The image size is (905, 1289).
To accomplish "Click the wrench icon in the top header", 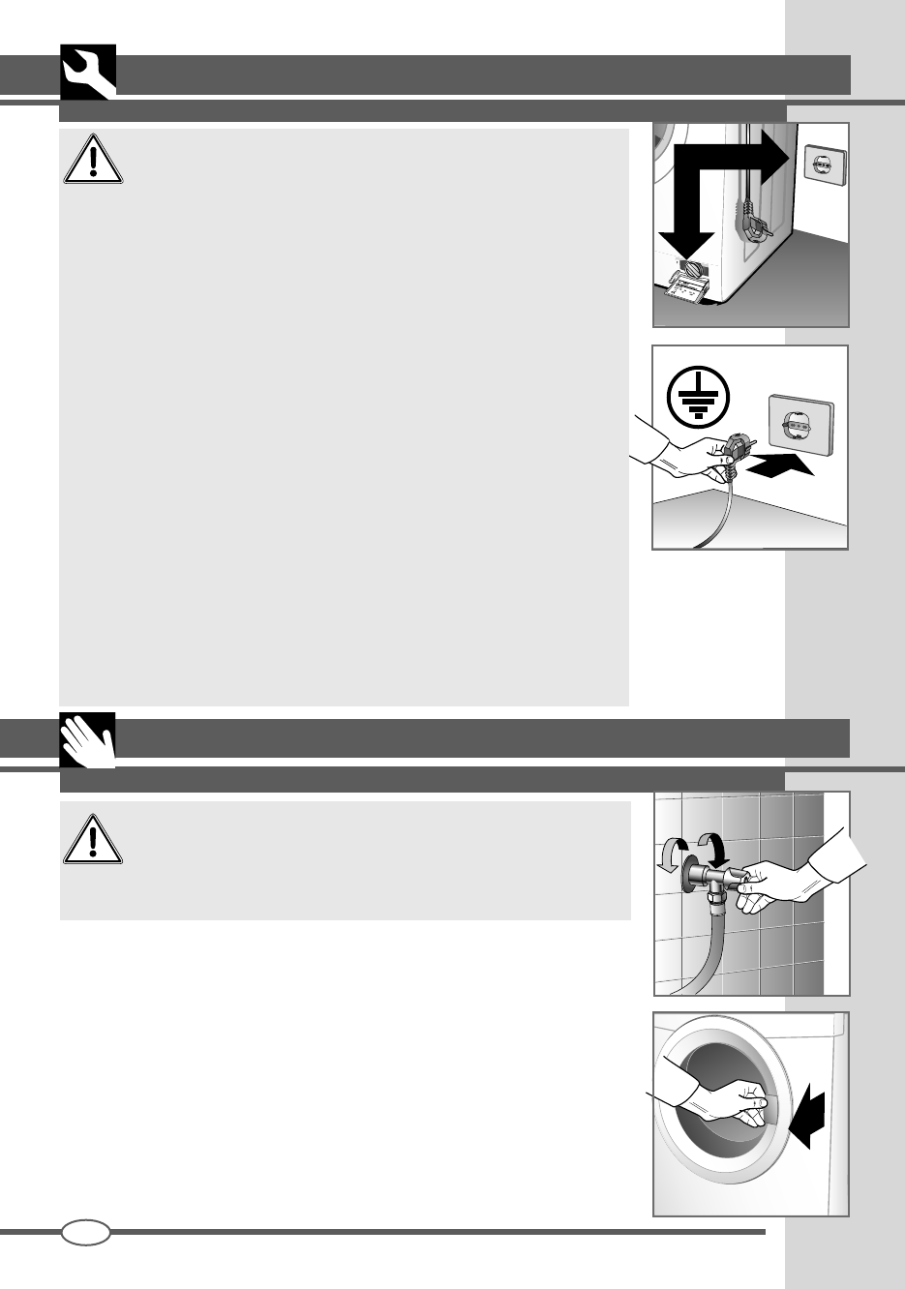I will (x=87, y=73).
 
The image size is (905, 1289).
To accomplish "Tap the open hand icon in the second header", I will (x=87, y=741).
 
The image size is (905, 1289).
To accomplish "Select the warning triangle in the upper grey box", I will (x=93, y=159).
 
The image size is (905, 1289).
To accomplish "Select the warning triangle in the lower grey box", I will (x=93, y=836).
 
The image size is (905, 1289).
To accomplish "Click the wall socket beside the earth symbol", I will (x=799, y=424).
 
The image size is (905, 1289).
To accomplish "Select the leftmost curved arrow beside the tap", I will (x=672, y=855).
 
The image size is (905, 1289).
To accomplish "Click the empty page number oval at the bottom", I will (x=85, y=1232).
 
